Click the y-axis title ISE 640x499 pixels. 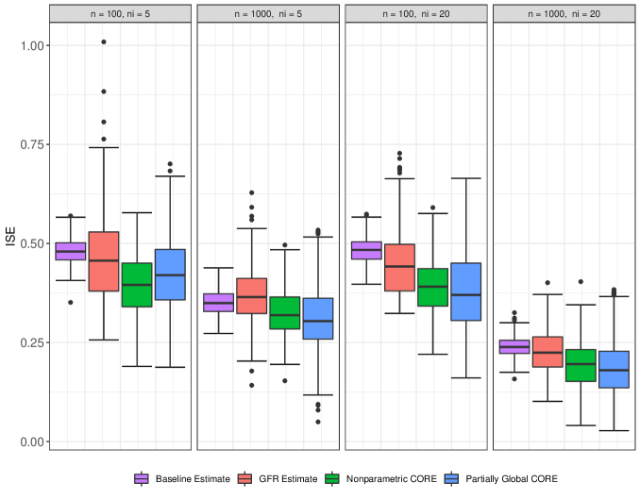[x=11, y=243]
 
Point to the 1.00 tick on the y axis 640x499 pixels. [x=34, y=45]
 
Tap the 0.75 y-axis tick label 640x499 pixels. [x=34, y=144]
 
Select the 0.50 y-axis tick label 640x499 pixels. [x=34, y=243]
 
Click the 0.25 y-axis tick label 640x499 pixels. [x=34, y=342]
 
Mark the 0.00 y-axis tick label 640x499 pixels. [x=34, y=441]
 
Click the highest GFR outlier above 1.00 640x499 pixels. [x=103, y=42]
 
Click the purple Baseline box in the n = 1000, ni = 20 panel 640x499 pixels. [x=514, y=347]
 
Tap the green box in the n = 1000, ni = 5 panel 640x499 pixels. [x=284, y=312]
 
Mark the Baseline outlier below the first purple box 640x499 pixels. [x=70, y=303]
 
